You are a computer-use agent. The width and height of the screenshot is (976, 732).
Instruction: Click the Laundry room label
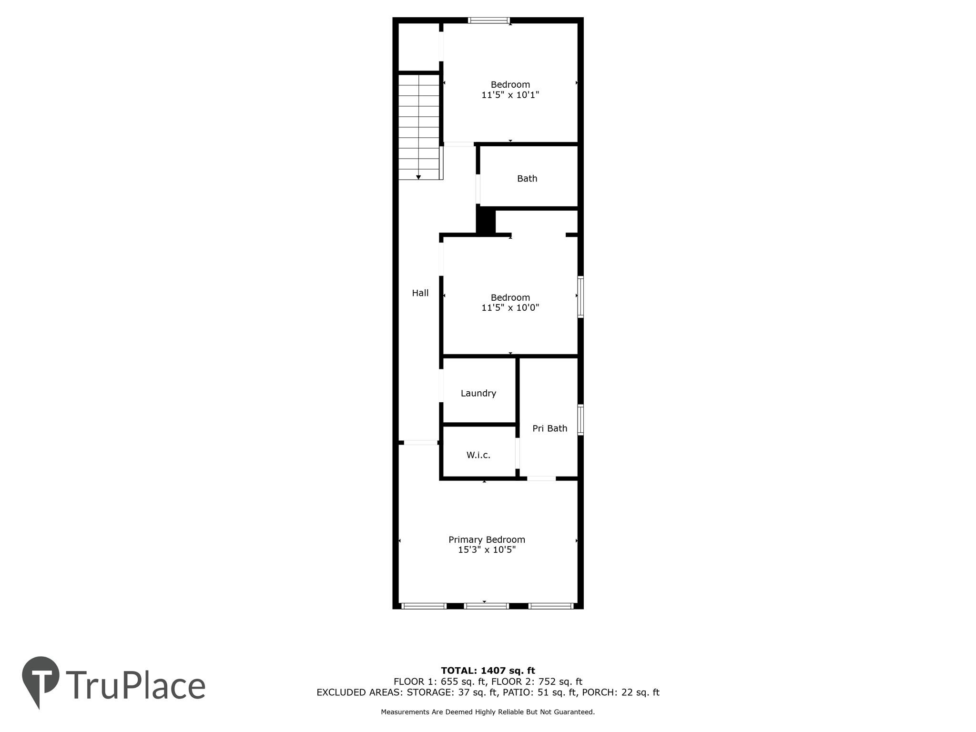coord(478,393)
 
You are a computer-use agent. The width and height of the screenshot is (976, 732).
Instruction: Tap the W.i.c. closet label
coord(478,455)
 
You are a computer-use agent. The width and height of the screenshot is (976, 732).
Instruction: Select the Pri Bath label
coord(549,428)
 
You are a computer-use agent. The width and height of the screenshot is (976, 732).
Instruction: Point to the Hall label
coord(420,293)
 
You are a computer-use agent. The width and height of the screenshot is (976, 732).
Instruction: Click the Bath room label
coord(527,179)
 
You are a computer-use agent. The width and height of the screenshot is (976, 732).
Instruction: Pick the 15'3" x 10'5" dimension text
coord(487,550)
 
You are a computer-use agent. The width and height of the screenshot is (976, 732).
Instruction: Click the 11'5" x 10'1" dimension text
coord(510,95)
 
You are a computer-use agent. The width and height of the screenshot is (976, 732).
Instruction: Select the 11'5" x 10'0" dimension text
coord(510,308)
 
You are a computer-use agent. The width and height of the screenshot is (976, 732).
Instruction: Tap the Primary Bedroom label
coord(487,539)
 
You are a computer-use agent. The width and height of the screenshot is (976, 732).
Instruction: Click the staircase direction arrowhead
coord(418,177)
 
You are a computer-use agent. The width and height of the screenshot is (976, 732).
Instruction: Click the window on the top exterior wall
coord(488,20)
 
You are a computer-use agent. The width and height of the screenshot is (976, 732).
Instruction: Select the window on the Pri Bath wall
coord(580,420)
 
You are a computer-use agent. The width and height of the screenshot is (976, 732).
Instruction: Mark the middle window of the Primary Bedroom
coord(487,606)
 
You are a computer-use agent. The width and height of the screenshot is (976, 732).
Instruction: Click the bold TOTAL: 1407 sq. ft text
coord(488,671)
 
